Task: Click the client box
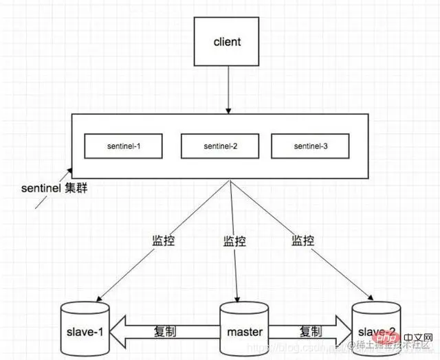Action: [228, 42]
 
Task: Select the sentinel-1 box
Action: [124, 146]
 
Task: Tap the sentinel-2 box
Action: [220, 146]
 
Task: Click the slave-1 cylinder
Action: [85, 330]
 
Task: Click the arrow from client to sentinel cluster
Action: [228, 89]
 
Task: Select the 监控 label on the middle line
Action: [234, 241]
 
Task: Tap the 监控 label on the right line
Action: [303, 241]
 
